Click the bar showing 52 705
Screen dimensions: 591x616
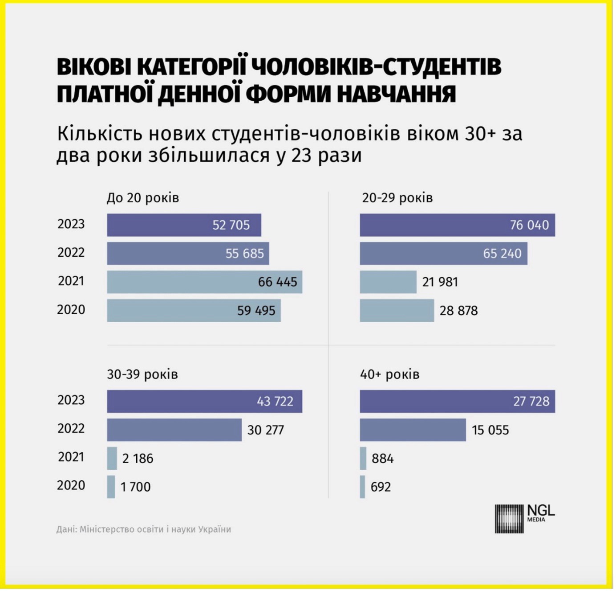coord(184,226)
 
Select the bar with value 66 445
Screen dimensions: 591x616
coord(205,283)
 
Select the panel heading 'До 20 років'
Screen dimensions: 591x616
coord(143,198)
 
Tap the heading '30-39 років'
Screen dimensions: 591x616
coord(143,375)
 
